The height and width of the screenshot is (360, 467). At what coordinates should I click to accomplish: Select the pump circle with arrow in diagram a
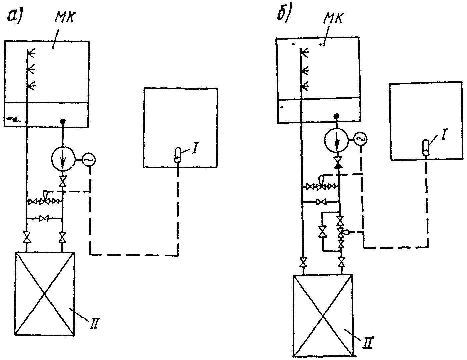pyautogui.click(x=63, y=159)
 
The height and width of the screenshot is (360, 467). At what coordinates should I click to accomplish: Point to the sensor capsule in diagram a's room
pyautogui.click(x=178, y=155)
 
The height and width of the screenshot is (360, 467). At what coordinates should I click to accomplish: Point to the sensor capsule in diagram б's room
pyautogui.click(x=426, y=147)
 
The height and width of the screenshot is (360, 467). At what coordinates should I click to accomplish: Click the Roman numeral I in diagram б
pyautogui.click(x=443, y=134)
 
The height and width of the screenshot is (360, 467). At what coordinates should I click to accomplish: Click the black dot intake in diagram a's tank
pyautogui.click(x=63, y=121)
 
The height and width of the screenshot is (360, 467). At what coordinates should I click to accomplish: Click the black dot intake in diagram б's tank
pyautogui.click(x=336, y=116)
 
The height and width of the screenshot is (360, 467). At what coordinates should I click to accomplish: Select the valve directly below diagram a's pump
pyautogui.click(x=63, y=181)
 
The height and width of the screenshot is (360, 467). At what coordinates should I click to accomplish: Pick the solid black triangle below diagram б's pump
pyautogui.click(x=338, y=165)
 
